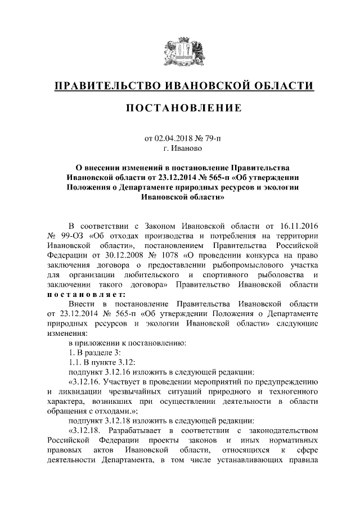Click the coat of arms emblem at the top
pos(179,53)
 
